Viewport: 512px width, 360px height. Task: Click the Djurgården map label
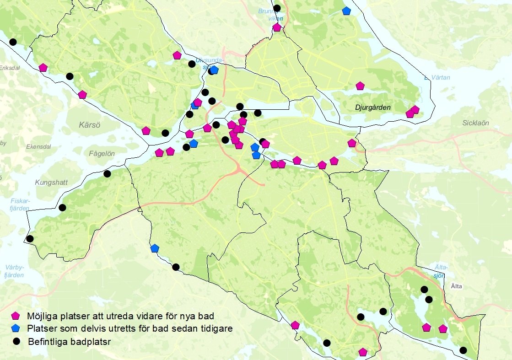click(x=373, y=107)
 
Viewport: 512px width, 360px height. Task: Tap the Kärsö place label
click(x=89, y=124)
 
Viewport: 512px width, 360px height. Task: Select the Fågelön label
click(x=102, y=154)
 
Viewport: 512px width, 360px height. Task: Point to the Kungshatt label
click(x=51, y=183)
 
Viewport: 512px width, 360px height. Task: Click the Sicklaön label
click(x=475, y=123)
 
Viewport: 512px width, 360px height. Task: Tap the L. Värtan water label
click(x=437, y=78)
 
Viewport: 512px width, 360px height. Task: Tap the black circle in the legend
click(x=16, y=341)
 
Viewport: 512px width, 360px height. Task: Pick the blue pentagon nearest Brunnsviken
click(x=346, y=11)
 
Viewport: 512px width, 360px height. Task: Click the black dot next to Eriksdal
click(x=13, y=42)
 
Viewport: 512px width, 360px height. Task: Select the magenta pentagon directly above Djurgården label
click(x=360, y=86)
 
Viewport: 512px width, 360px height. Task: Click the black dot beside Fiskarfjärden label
click(x=62, y=208)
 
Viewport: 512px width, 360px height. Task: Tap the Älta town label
click(x=457, y=286)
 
